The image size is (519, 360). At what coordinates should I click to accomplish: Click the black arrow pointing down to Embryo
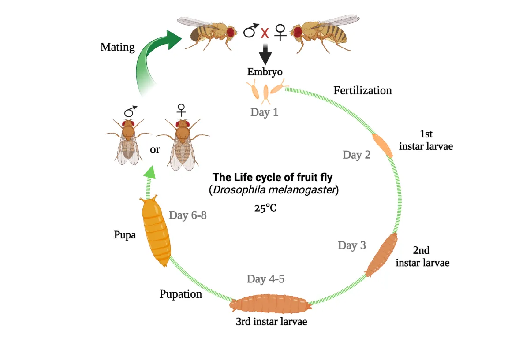pos(265,54)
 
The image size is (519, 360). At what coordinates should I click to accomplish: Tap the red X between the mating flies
pos(265,33)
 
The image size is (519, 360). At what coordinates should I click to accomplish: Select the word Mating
pos(117,47)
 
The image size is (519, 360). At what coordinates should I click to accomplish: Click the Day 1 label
pos(264,112)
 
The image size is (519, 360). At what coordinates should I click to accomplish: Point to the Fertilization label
pos(362,90)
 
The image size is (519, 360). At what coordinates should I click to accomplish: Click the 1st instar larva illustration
pos(382,145)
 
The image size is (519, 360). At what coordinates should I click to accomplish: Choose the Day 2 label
pos(356,154)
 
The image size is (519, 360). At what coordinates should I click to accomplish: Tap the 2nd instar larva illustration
pos(381,255)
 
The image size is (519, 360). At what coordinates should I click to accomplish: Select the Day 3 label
pos(352,245)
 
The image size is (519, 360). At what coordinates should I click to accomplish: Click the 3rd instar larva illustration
pos(270,304)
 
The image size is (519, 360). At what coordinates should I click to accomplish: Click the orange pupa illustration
pos(156,232)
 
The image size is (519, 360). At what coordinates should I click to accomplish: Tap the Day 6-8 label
pos(188,215)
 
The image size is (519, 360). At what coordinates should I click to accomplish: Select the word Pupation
pos(181,294)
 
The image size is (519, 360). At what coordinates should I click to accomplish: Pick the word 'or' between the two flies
pos(155,149)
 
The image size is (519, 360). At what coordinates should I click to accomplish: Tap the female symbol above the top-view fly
pos(181,110)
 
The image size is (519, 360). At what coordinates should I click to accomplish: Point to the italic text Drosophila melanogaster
pos(274,190)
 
